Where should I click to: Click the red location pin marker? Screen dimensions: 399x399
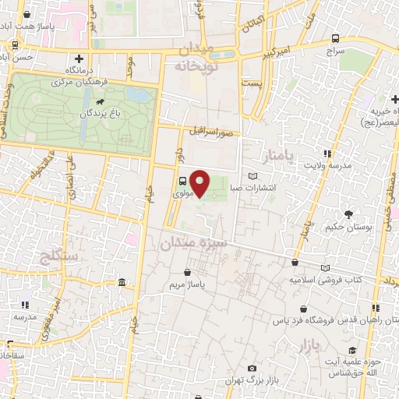pos(200,182)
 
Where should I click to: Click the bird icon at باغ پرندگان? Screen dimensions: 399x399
pos(101,102)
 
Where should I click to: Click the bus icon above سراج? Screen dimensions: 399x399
pos(335,37)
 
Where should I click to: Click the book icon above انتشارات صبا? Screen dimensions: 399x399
pos(251,176)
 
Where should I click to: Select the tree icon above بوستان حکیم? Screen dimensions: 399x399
pos(348,214)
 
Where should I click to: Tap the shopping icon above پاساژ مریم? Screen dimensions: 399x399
pos(188,272)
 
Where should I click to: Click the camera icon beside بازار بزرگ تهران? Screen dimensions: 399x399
pos(252,368)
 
